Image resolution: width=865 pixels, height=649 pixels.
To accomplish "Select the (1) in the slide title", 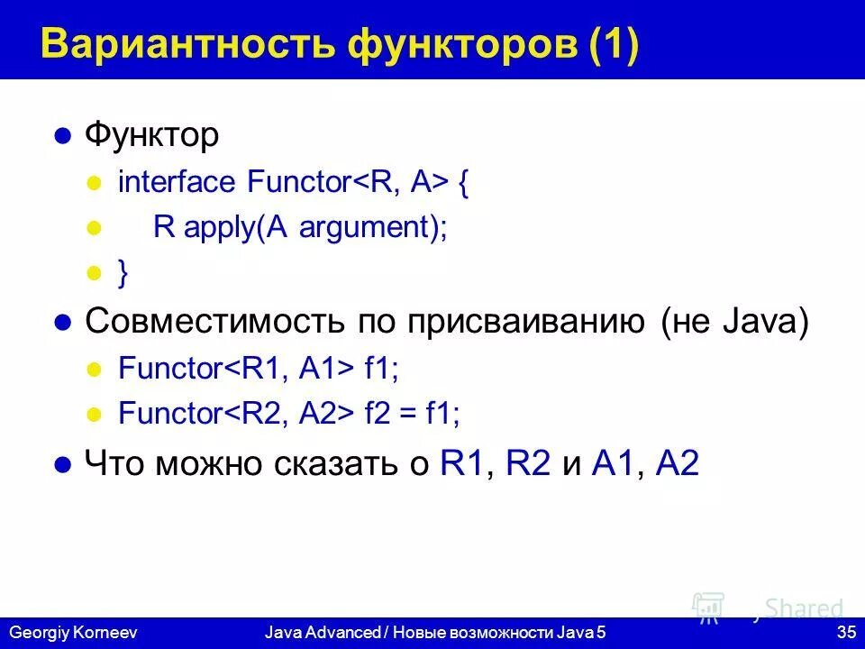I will [615, 45].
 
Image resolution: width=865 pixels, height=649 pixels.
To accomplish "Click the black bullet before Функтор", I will [62, 137].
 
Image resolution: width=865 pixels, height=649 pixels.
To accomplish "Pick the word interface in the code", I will [176, 182].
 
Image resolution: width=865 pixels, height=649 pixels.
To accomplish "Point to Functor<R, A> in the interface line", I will [348, 182].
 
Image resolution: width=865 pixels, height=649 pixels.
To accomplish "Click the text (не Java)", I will [734, 322].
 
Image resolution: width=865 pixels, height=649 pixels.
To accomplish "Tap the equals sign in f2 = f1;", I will [409, 414].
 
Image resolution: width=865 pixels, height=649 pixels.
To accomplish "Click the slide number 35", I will [845, 633].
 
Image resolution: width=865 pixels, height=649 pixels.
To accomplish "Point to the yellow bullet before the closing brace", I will [91, 274].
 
